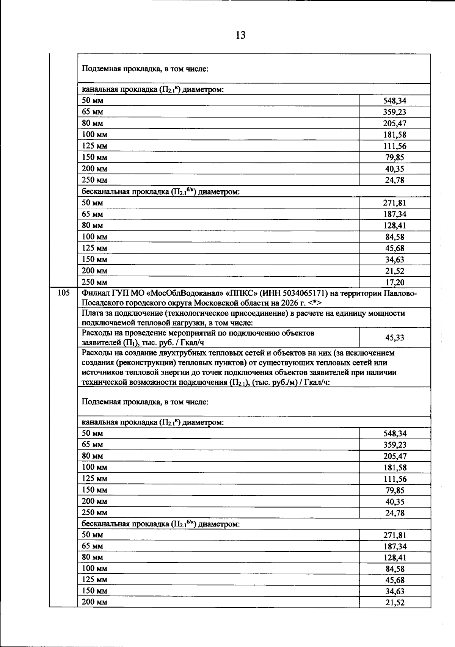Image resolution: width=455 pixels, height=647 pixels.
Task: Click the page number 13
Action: pyautogui.click(x=240, y=35)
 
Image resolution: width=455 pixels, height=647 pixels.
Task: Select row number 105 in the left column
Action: pyautogui.click(x=64, y=293)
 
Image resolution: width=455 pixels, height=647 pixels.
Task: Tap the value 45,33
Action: pyautogui.click(x=395, y=337)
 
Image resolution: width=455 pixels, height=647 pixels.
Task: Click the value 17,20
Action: pyautogui.click(x=395, y=282)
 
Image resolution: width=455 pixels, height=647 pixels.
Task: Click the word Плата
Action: pyautogui.click(x=91, y=313)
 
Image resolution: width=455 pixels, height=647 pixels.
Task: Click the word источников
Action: pyautogui.click(x=100, y=373)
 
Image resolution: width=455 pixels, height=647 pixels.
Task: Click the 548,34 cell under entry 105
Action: pyautogui.click(x=395, y=433)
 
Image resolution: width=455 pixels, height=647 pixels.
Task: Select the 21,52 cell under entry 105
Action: pyautogui.click(x=395, y=602)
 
